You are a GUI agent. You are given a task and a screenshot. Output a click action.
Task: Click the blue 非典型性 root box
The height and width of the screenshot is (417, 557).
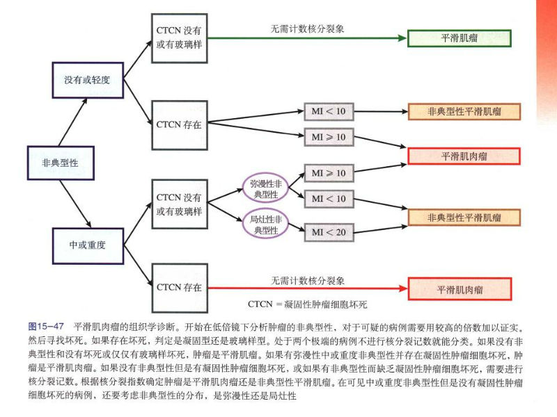pyautogui.click(x=60, y=163)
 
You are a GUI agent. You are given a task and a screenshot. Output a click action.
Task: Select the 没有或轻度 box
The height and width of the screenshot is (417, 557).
pyautogui.click(x=88, y=80)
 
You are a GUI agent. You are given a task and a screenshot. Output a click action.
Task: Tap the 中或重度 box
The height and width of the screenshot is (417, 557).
pyautogui.click(x=88, y=245)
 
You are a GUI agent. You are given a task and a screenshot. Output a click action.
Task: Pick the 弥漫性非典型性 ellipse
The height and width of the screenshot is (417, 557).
pyautogui.click(x=264, y=188)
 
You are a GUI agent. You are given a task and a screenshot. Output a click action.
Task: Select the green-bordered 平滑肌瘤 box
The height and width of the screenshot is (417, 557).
pyautogui.click(x=460, y=38)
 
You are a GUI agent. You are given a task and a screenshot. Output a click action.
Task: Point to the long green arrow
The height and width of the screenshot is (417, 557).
pyautogui.click(x=306, y=38)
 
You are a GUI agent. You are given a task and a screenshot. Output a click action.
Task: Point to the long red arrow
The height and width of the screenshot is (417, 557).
pyautogui.click(x=306, y=288)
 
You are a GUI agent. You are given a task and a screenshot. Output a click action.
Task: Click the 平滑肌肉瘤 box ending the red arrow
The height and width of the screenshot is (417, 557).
pyautogui.click(x=460, y=288)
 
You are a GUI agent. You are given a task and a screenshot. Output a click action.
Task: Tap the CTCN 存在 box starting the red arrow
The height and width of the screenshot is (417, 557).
pyautogui.click(x=179, y=286)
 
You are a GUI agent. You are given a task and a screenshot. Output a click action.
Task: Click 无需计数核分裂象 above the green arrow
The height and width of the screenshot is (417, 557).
pyautogui.click(x=307, y=29)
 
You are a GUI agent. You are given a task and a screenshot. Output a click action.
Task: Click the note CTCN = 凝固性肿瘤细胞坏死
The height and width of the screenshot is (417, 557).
pyautogui.click(x=307, y=304)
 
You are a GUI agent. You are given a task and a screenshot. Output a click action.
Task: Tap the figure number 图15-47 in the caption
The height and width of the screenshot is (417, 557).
pyautogui.click(x=46, y=325)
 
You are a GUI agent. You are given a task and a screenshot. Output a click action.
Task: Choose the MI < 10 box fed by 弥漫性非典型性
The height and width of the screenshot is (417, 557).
pyautogui.click(x=328, y=199)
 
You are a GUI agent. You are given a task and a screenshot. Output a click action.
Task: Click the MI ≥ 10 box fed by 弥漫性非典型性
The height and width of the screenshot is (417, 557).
pyautogui.click(x=328, y=172)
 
